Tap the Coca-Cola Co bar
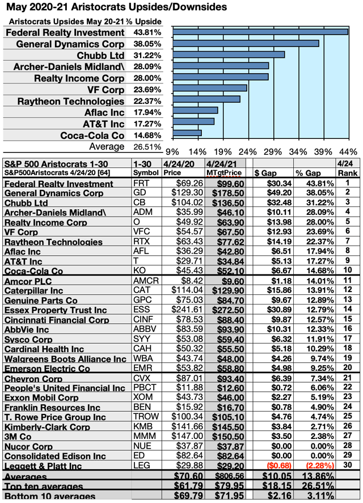[x=187, y=133]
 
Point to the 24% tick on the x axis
[x=247, y=152]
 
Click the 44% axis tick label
[x=348, y=152]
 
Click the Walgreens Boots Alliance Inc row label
[x=65, y=359]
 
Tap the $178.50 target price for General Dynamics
[x=229, y=193]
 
